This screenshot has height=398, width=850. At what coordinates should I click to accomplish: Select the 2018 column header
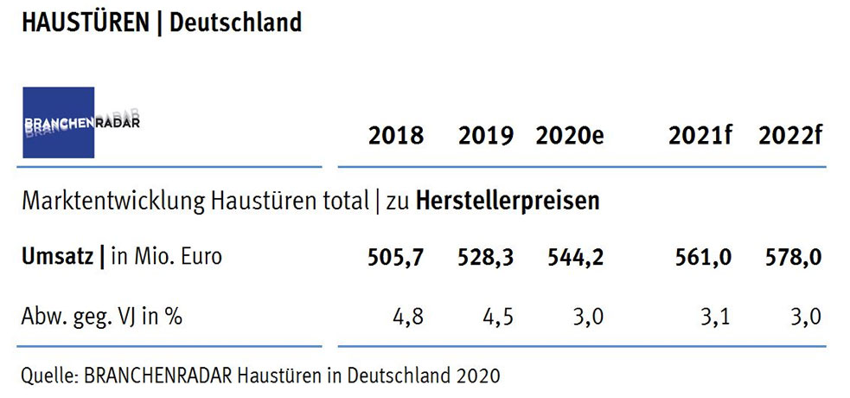[396, 136]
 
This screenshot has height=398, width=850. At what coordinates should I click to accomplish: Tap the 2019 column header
[486, 136]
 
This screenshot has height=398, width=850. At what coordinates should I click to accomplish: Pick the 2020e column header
[568, 136]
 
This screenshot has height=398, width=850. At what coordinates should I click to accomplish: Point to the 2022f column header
[789, 136]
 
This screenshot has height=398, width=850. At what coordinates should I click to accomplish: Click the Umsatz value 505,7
[395, 257]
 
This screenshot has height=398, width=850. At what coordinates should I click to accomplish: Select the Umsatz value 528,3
[486, 257]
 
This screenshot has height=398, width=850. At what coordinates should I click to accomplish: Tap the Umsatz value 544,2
[574, 257]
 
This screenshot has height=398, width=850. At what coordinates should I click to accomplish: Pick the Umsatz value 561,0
[700, 257]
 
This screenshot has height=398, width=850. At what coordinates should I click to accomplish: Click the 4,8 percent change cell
[408, 316]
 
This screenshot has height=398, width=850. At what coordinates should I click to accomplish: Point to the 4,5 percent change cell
[498, 316]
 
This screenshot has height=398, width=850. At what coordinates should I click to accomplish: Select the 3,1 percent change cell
[713, 316]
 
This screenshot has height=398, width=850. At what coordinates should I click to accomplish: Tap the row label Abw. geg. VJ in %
[102, 316]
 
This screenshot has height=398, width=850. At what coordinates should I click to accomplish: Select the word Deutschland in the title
[235, 22]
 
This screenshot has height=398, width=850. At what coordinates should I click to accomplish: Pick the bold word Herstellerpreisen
[508, 202]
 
